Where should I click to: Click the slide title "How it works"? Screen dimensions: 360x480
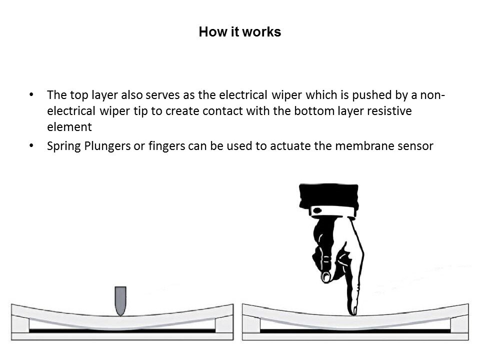coord(239,32)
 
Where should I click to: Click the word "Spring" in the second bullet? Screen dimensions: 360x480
coord(61,146)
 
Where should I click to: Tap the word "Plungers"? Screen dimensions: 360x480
coord(101,146)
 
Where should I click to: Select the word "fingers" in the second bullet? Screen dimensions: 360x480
coord(165,146)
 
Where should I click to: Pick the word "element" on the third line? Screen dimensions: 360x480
coord(66,127)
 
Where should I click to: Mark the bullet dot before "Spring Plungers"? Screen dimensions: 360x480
coord(32,146)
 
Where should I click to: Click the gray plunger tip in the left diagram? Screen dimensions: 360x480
coord(119,300)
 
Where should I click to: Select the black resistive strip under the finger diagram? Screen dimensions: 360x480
coord(355,330)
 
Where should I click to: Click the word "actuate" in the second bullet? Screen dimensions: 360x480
coord(289,146)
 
